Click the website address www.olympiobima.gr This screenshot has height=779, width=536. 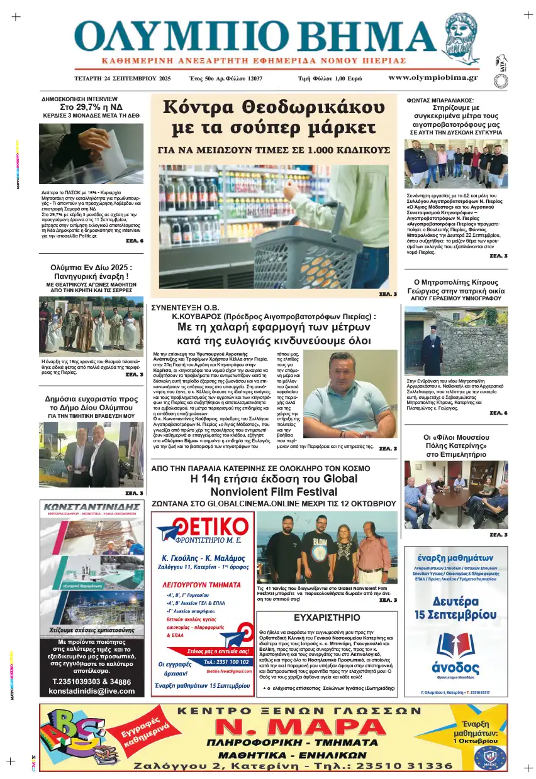(433, 78)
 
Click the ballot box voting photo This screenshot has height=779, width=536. (91, 153)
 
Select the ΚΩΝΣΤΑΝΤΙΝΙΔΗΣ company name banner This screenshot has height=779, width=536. (92, 506)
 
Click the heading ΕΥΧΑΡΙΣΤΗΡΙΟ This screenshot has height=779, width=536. (327, 617)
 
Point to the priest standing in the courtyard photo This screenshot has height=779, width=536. (432, 349)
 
